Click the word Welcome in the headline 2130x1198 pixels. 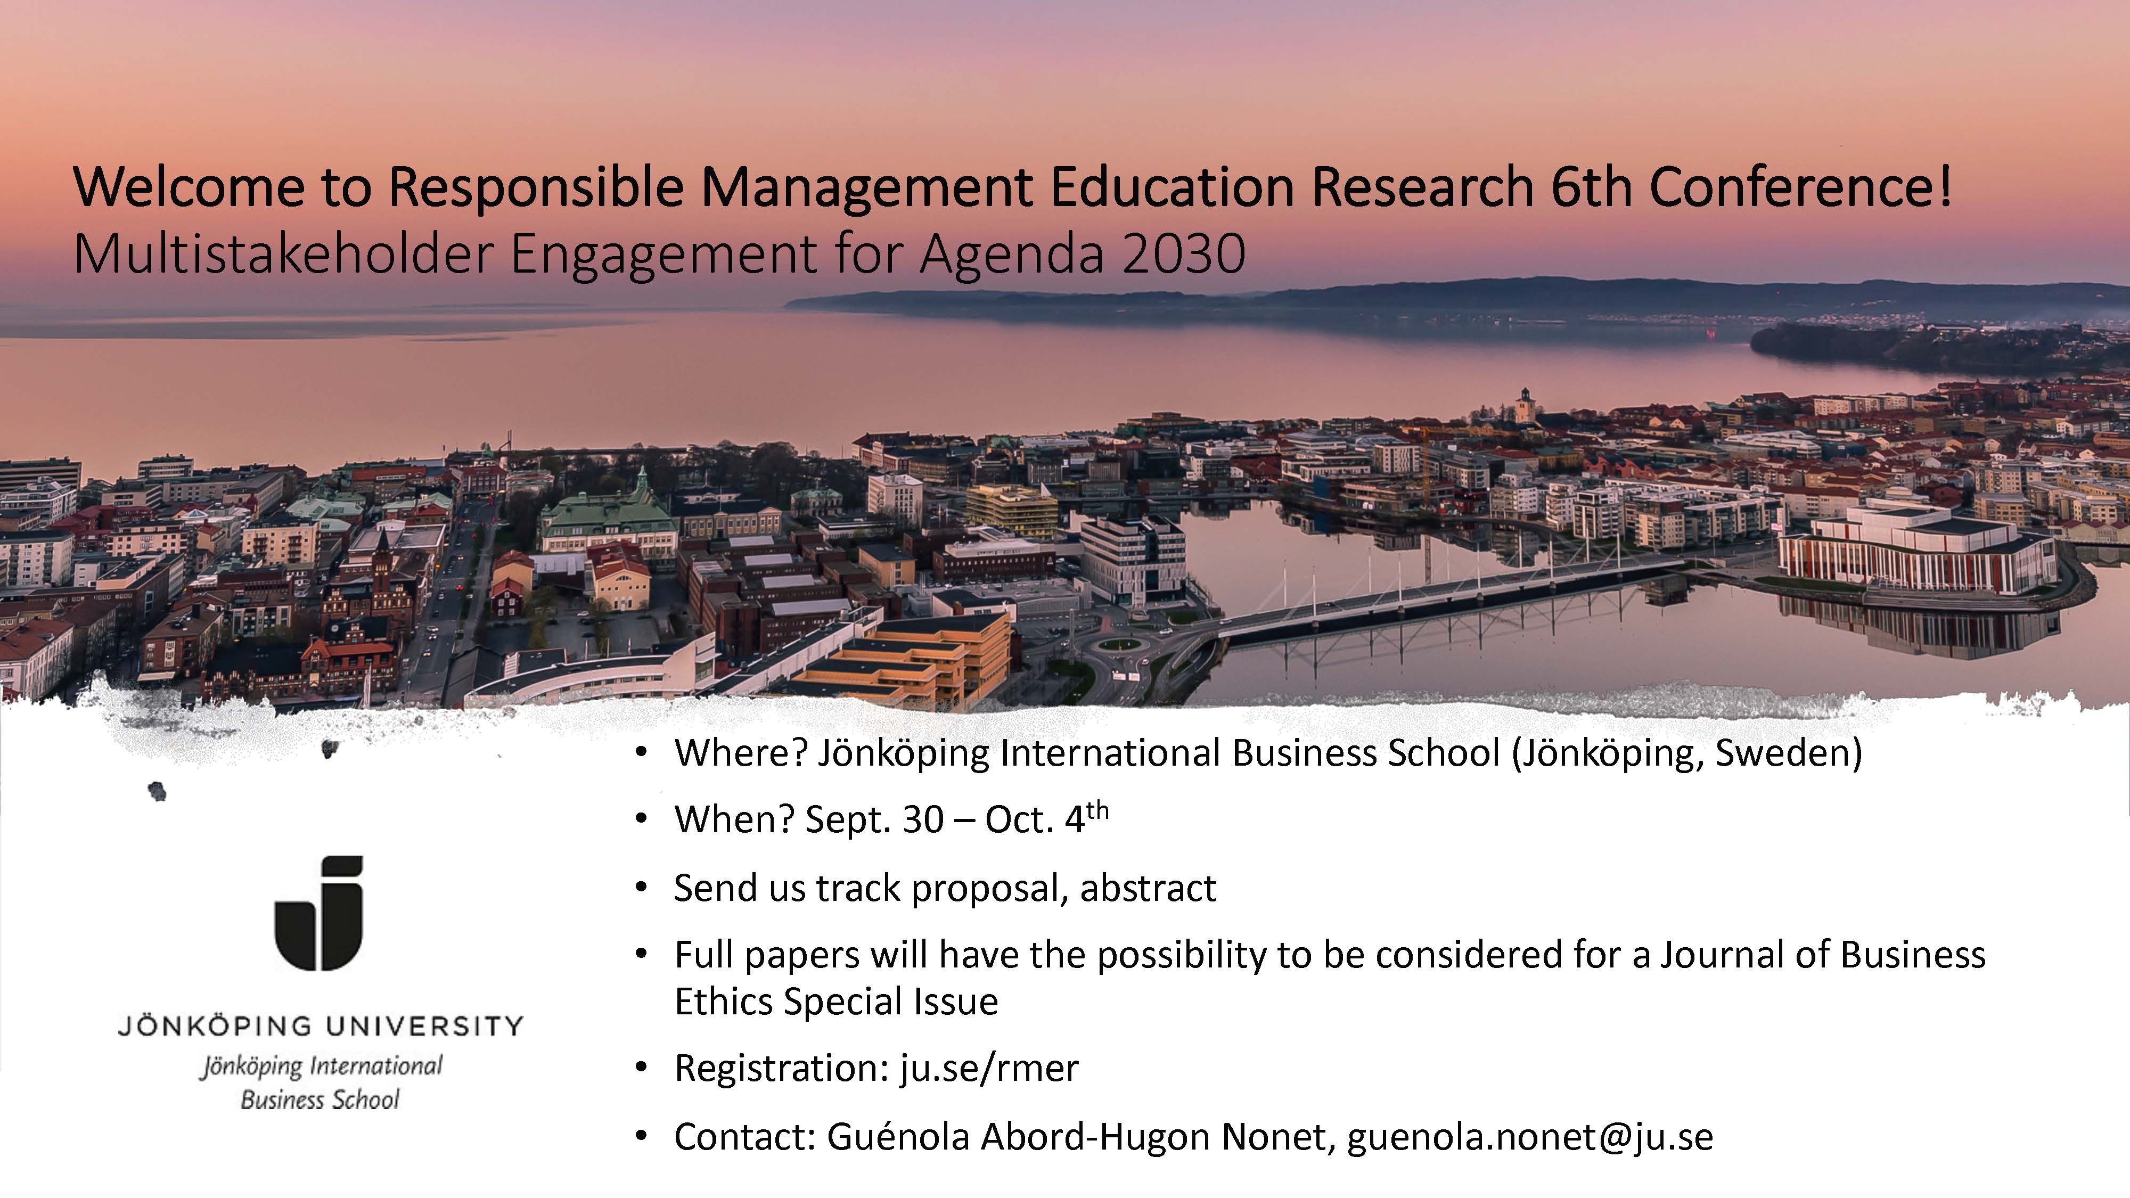coord(189,187)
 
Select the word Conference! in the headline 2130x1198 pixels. coord(1801,187)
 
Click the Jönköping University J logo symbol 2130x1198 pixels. coord(319,913)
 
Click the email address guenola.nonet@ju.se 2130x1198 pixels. coord(1530,1137)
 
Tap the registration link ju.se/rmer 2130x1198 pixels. coord(989,1068)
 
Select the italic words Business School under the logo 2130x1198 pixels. coord(320,1099)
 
